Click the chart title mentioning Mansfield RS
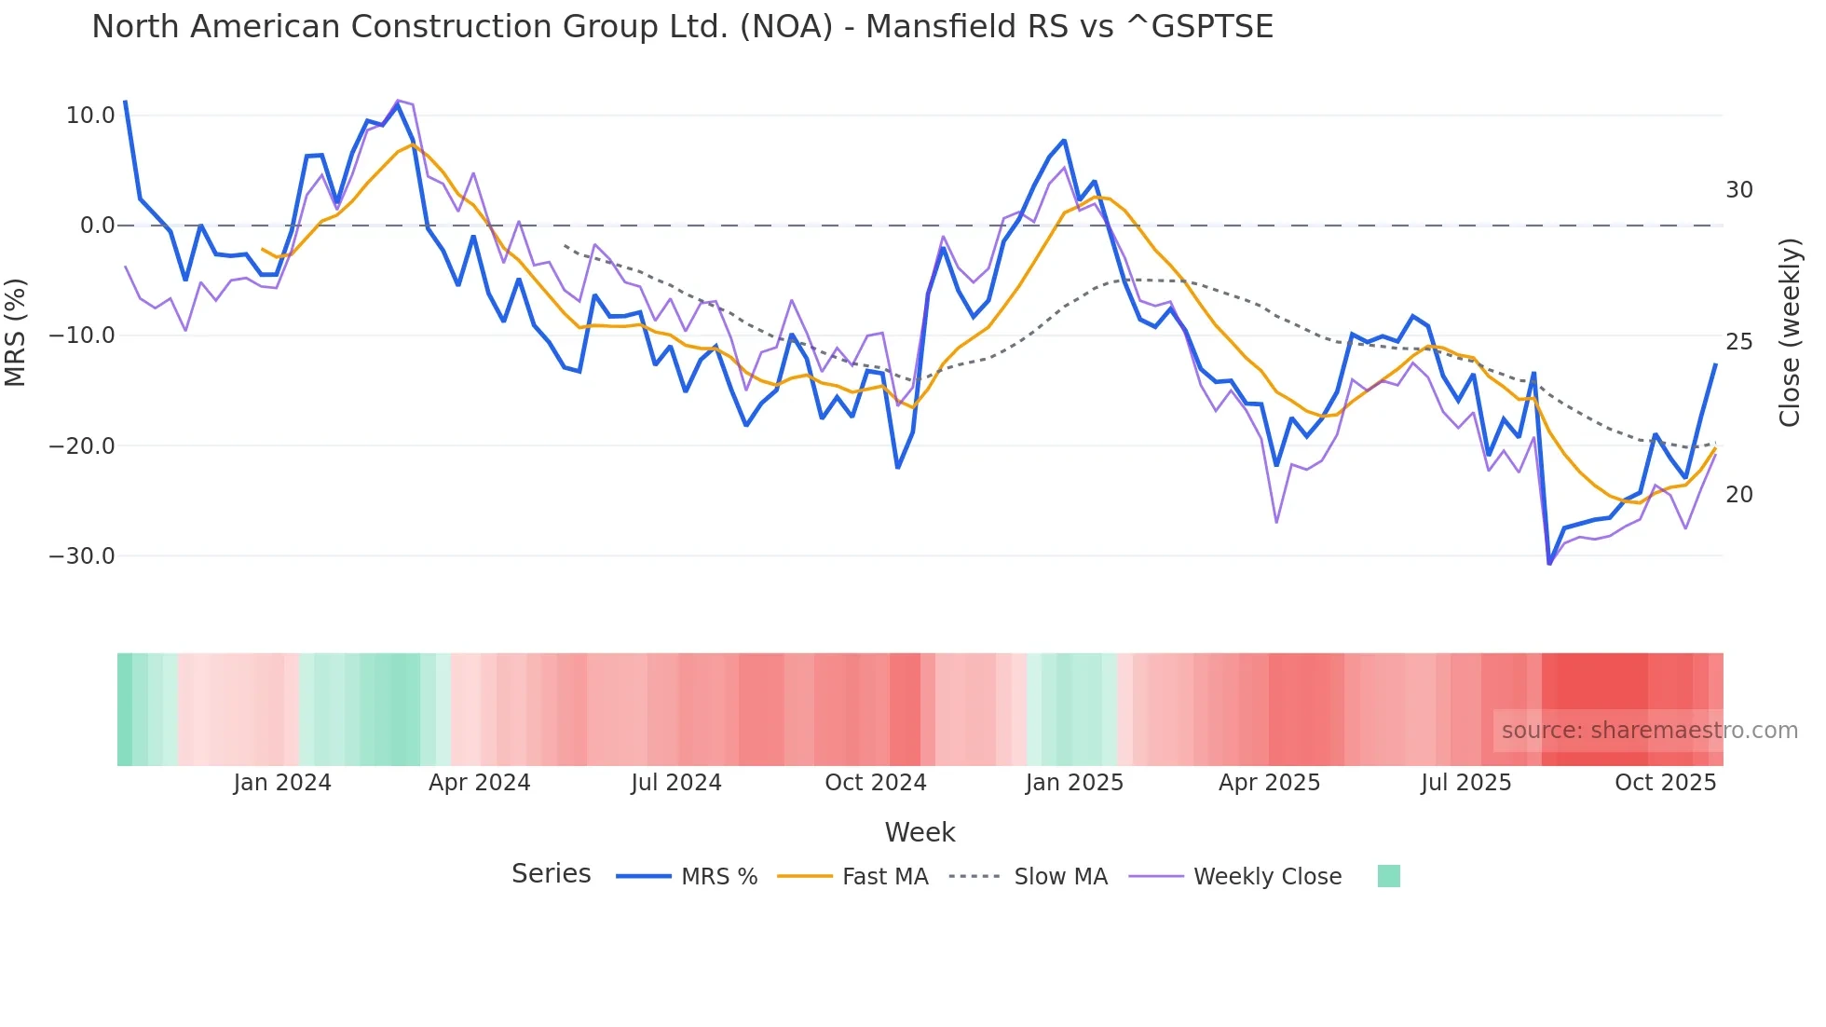coord(682,27)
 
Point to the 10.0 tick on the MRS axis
coord(90,116)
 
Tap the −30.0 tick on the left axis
coord(82,556)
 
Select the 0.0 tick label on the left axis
coord(97,226)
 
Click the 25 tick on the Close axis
coord(1738,342)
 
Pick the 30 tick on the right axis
coord(1738,190)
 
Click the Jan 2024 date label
coord(282,783)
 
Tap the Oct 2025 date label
coord(1665,783)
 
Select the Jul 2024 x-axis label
coord(676,783)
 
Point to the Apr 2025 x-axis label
coord(1269,783)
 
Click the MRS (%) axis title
coord(16,333)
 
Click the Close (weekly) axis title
coord(1789,333)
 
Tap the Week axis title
coord(920,832)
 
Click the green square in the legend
coord(1388,876)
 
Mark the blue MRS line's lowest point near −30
coord(1549,563)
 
